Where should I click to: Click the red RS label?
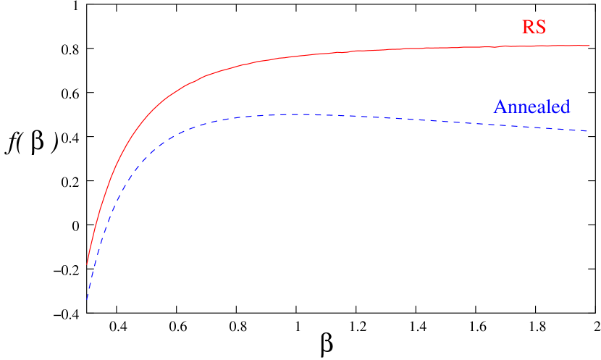534,28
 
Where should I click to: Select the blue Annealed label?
531,107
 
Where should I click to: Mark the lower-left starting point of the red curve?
87,264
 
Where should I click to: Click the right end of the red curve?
590,46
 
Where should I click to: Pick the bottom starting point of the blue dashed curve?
87,299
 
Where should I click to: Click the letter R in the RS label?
528,28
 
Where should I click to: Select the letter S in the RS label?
540,28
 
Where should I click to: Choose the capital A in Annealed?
500,107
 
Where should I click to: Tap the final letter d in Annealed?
565,107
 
